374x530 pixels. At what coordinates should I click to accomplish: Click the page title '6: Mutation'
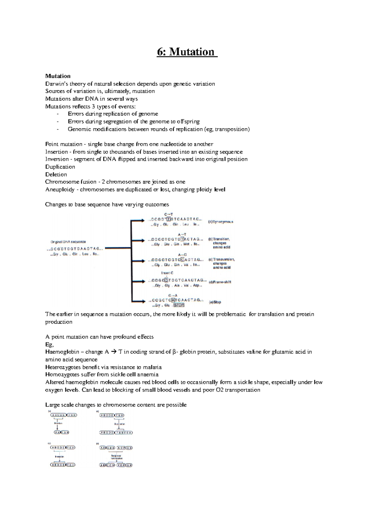pyautogui.click(x=186, y=52)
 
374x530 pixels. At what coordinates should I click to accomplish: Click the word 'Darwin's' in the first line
pyautogui.click(x=56, y=84)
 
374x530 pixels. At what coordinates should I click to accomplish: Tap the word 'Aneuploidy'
pyautogui.click(x=60, y=189)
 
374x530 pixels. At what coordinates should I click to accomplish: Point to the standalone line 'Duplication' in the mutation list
pyautogui.click(x=60, y=167)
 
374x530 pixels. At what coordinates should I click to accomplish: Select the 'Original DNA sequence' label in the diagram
pyautogui.click(x=68, y=242)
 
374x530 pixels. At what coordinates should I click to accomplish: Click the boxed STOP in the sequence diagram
pyautogui.click(x=179, y=305)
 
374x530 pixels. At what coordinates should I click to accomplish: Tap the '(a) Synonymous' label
pyautogui.click(x=221, y=222)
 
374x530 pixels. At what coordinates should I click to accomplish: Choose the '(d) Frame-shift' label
pyautogui.click(x=220, y=282)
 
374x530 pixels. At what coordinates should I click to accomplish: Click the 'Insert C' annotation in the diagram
pyautogui.click(x=167, y=273)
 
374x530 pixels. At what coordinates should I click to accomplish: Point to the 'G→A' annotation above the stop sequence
pyautogui.click(x=173, y=295)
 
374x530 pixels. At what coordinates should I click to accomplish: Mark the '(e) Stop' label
pyautogui.click(x=215, y=302)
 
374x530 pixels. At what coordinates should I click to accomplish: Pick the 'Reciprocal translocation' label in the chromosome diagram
pyautogui.click(x=116, y=457)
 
